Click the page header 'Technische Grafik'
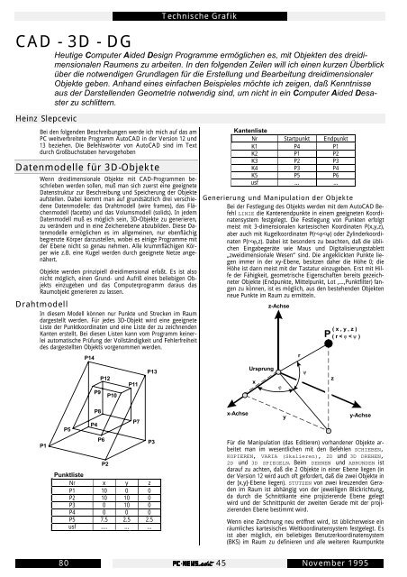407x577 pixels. pos(203,15)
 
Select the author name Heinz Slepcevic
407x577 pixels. pos(34,117)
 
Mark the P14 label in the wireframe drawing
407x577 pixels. pos(89,383)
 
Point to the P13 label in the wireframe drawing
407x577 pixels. pos(153,396)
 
